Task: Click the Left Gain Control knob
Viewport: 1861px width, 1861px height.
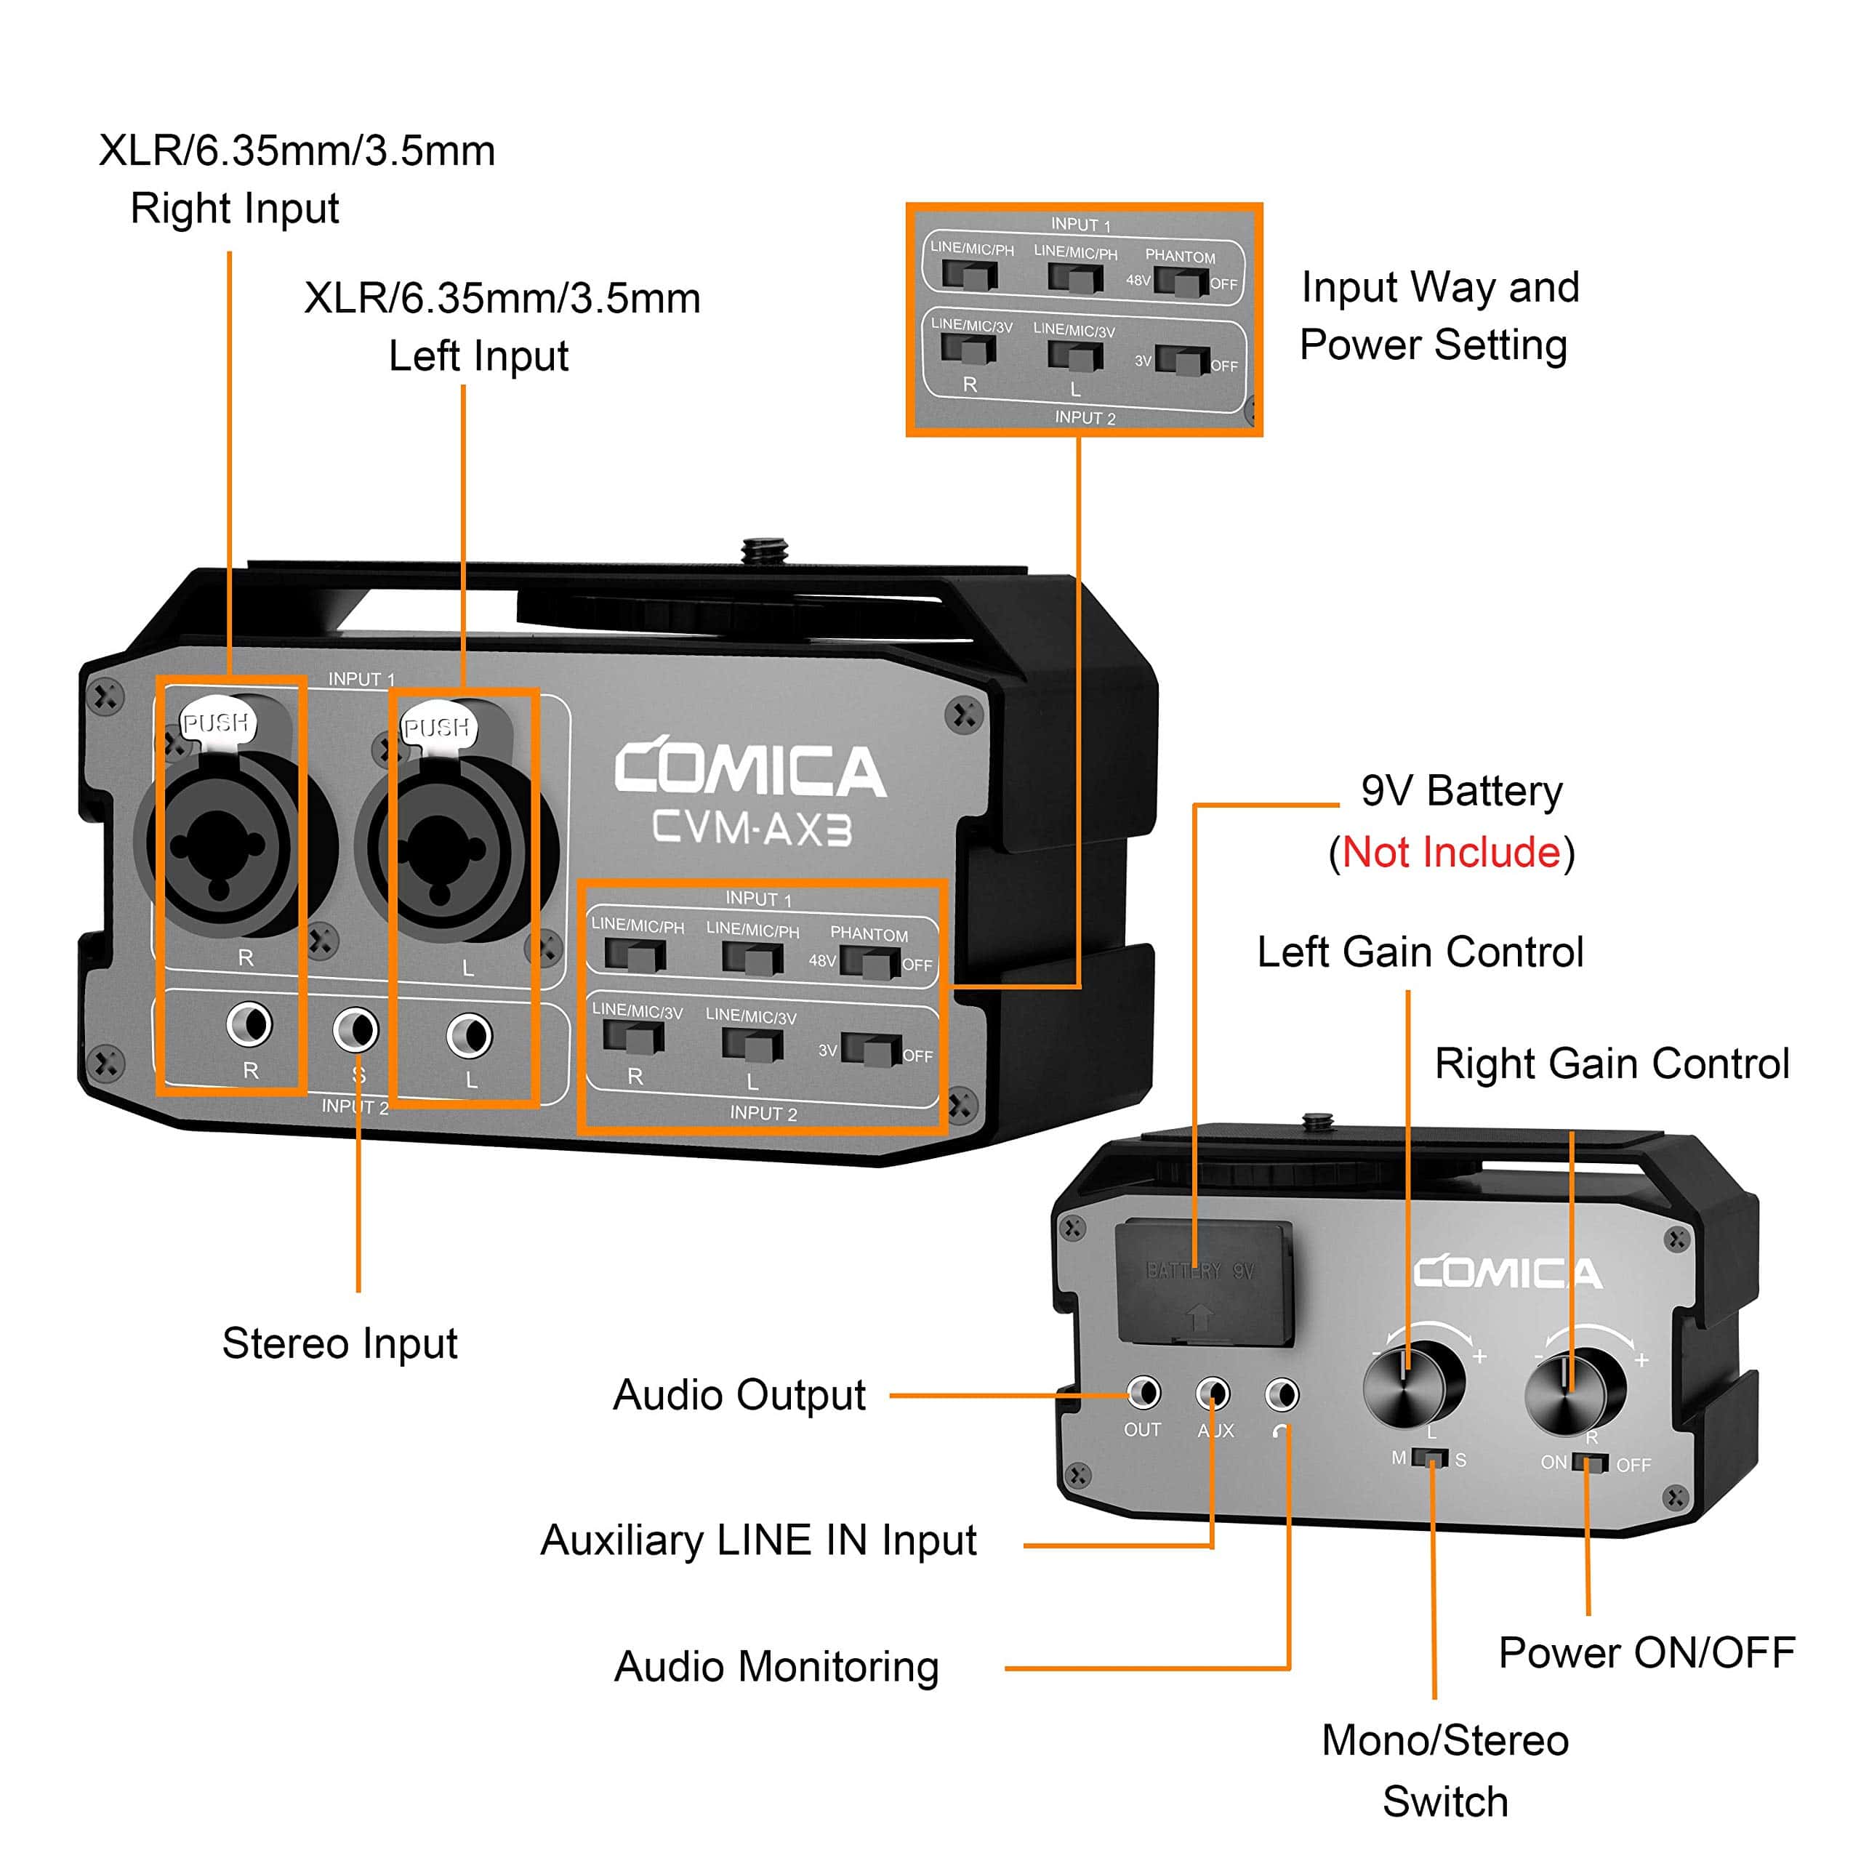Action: tap(1412, 1385)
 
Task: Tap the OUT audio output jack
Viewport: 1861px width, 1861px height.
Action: tap(1143, 1393)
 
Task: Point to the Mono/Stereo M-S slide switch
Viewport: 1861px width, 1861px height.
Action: tap(1431, 1458)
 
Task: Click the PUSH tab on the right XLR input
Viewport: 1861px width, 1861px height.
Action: tap(217, 723)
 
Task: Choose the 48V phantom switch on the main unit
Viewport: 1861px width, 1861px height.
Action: tap(870, 961)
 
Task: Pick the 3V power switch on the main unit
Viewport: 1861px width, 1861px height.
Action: tap(870, 1049)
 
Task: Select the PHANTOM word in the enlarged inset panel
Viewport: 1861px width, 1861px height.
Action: tap(1180, 256)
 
